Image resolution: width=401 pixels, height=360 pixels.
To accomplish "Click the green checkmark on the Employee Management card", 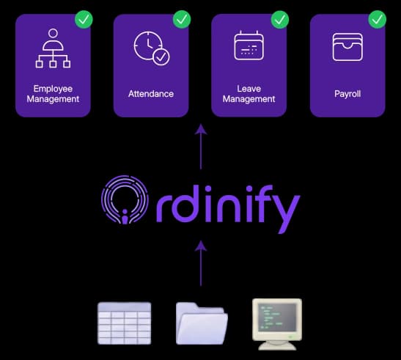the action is pyautogui.click(x=84, y=20).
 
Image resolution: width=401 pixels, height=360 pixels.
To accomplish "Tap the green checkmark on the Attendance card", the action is pyautogui.click(x=182, y=20).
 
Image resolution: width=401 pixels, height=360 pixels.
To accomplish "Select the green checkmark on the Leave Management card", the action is pyautogui.click(x=280, y=20).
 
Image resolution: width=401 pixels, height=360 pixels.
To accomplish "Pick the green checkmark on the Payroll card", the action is pyautogui.click(x=378, y=20).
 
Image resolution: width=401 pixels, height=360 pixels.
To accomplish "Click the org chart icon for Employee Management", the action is pyautogui.click(x=53, y=48).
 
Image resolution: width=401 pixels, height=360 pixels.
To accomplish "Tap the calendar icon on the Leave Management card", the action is pyautogui.click(x=249, y=45).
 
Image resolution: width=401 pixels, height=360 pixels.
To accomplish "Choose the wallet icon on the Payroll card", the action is pyautogui.click(x=347, y=47).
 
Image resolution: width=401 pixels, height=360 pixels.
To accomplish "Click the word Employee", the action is pyautogui.click(x=53, y=89).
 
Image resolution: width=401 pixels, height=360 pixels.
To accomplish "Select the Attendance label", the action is pyautogui.click(x=151, y=94).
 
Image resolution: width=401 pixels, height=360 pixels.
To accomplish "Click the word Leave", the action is pyautogui.click(x=249, y=89).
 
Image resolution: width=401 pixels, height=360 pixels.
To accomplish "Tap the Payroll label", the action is pyautogui.click(x=347, y=94).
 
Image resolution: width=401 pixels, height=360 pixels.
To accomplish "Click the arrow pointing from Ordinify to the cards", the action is pyautogui.click(x=201, y=147).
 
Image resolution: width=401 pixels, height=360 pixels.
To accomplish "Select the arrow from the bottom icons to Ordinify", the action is pyautogui.click(x=201, y=263).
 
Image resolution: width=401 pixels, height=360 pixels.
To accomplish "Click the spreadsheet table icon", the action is pyautogui.click(x=125, y=323).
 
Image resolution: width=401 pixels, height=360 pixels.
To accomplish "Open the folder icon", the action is pyautogui.click(x=202, y=323).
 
